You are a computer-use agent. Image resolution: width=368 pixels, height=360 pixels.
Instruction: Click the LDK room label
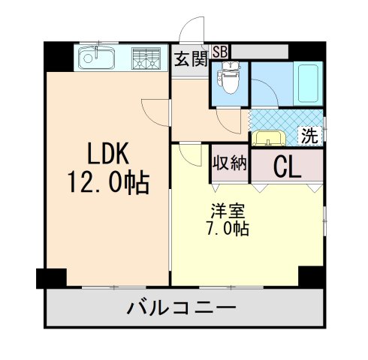[x=109, y=154]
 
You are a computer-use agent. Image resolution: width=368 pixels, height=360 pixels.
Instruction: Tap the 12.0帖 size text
[x=109, y=182]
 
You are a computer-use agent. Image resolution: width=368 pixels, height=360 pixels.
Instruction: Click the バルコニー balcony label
[x=182, y=307]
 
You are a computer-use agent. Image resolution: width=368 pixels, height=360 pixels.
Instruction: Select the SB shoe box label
[x=220, y=51]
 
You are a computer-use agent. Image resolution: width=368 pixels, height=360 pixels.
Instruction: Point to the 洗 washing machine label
[x=309, y=136]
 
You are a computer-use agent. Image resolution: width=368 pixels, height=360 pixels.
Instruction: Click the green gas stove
[x=147, y=58]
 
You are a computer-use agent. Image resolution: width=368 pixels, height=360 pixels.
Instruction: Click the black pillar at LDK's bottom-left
[x=47, y=278]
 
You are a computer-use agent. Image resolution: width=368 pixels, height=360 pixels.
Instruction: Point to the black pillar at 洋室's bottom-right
[x=311, y=276]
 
